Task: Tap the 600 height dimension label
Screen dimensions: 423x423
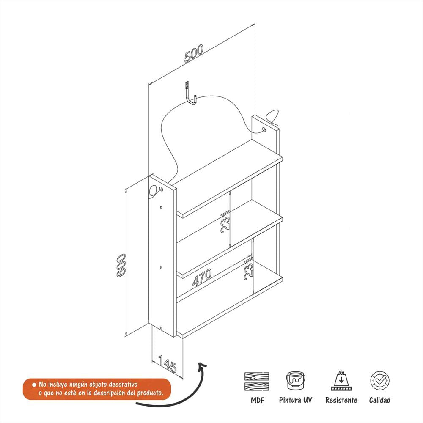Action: tap(121, 265)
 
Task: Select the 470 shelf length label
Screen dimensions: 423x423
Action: tap(202, 277)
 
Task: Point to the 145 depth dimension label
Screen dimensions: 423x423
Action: tap(167, 364)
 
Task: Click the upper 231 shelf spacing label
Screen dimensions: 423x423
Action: tap(225, 222)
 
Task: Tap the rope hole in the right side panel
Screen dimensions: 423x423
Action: tap(264, 130)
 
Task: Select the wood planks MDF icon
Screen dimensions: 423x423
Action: tap(257, 381)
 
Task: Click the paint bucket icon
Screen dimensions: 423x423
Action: tap(295, 380)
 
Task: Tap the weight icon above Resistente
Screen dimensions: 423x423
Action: tap(341, 380)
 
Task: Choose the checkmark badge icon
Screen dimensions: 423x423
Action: tap(379, 380)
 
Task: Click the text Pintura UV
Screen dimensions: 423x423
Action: tap(295, 400)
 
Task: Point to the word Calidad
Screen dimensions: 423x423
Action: tap(379, 400)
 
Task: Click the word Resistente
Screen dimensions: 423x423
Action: tap(341, 400)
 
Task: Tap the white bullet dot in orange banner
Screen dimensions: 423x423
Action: tap(34, 385)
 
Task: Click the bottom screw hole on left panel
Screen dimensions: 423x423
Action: tap(161, 328)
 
